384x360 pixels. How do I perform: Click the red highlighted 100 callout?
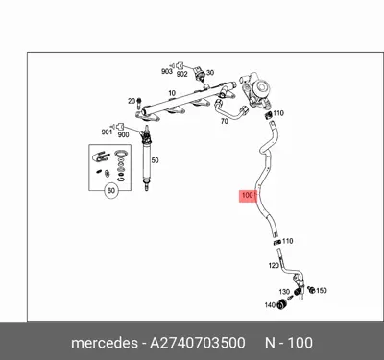tap(247, 196)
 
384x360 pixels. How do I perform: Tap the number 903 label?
tap(167, 72)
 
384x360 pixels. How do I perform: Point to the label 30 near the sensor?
tap(210, 73)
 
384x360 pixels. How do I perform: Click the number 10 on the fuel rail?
tap(173, 94)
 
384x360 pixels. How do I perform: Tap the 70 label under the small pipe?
tap(224, 121)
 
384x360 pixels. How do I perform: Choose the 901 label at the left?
tap(107, 132)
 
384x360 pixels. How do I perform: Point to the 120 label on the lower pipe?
tap(273, 265)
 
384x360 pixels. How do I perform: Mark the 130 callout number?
tap(284, 291)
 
